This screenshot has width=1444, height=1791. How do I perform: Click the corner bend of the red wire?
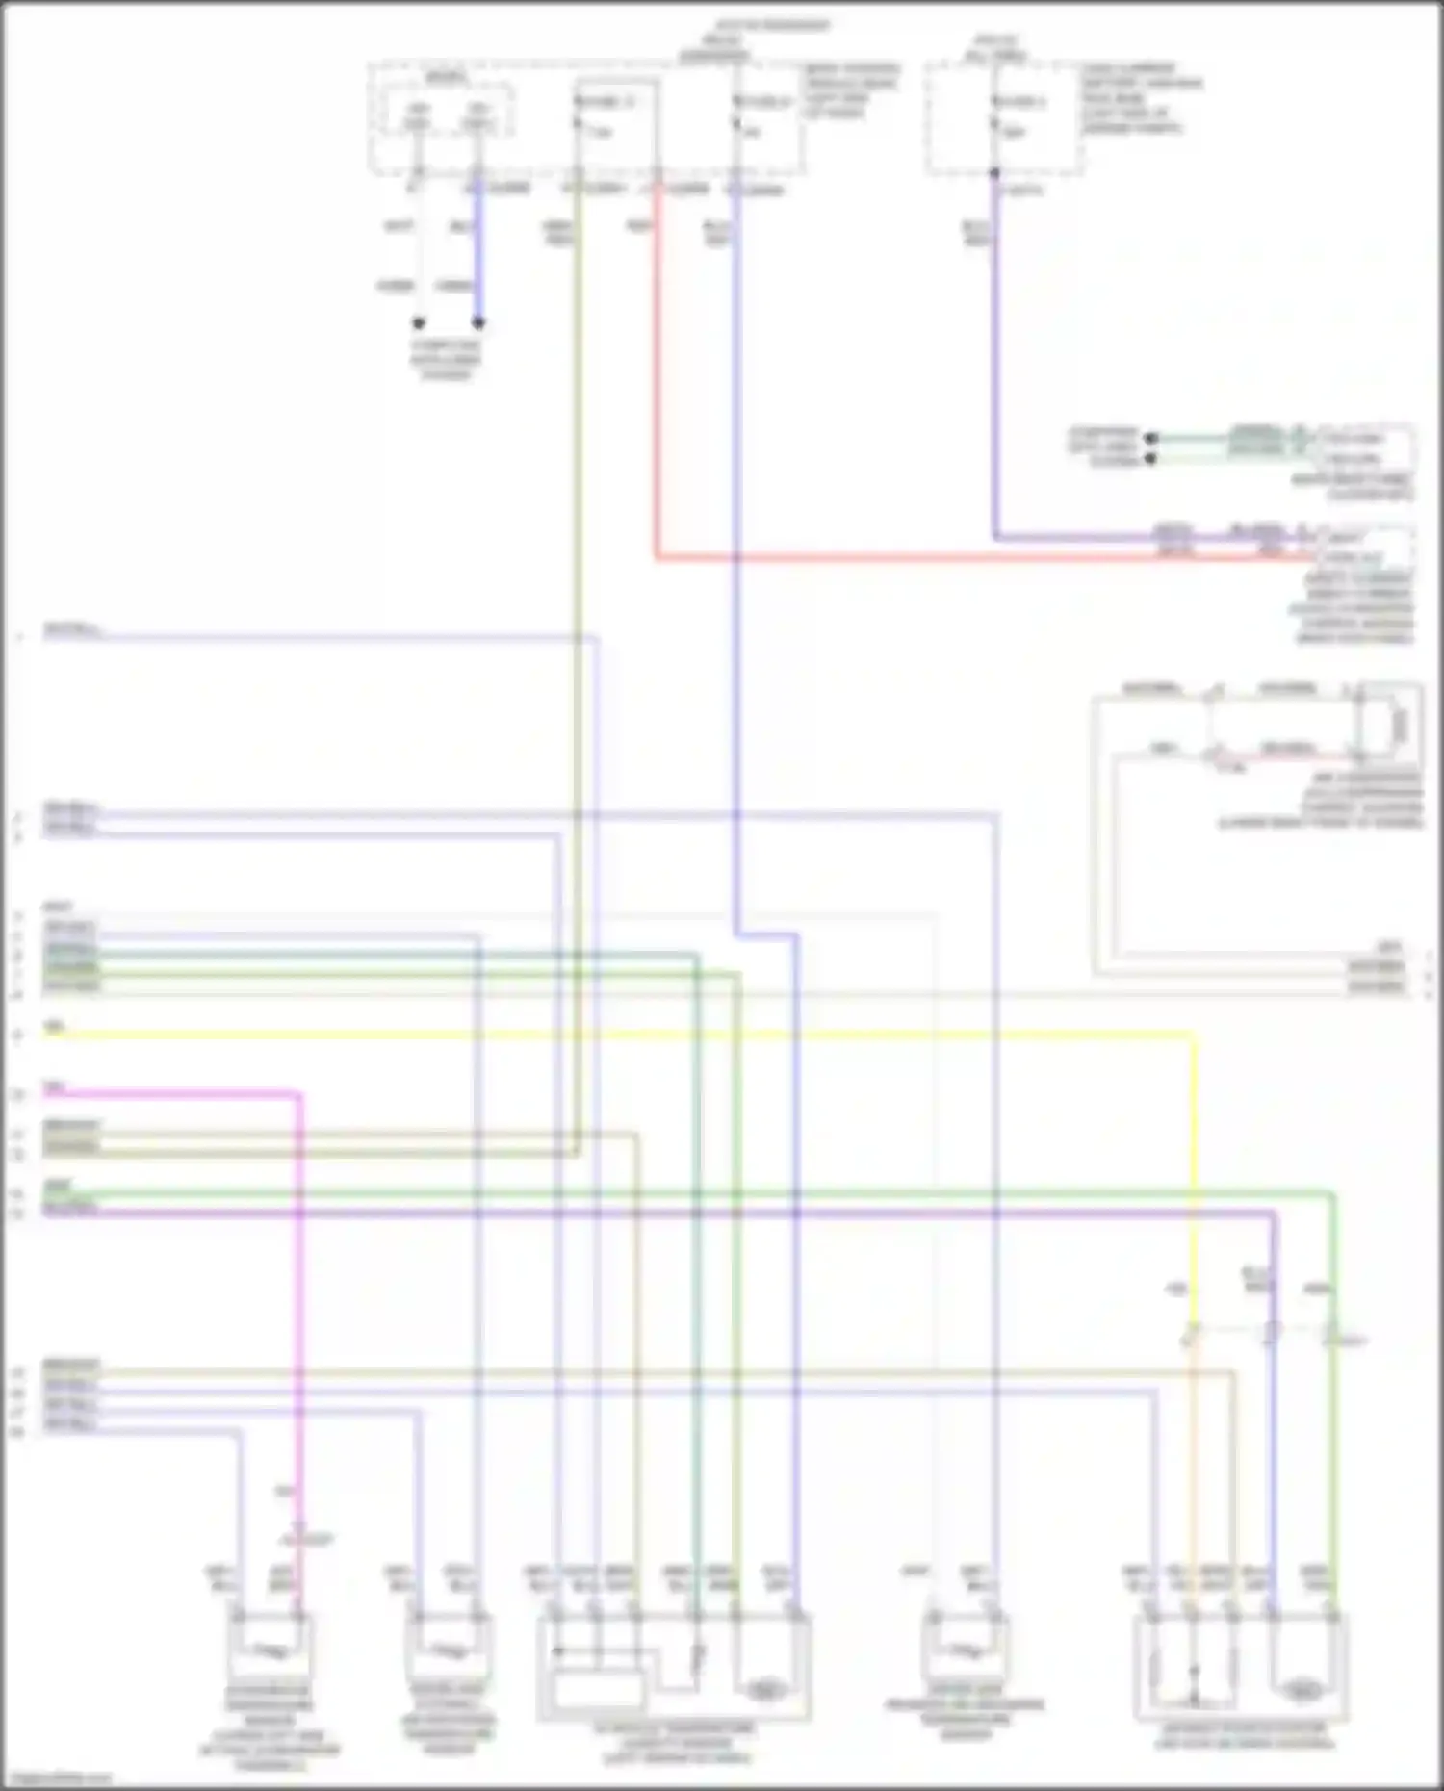coord(658,556)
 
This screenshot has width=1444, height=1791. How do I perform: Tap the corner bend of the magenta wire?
coord(298,1094)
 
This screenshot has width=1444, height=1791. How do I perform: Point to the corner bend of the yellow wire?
coord(1195,1036)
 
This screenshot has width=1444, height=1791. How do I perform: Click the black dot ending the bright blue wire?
coord(478,323)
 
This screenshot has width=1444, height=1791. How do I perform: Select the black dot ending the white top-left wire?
coord(419,323)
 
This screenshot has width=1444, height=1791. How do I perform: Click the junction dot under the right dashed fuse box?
coord(994,174)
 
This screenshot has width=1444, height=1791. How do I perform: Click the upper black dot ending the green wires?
coord(1150,438)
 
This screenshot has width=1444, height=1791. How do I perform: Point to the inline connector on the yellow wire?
coord(1192,1334)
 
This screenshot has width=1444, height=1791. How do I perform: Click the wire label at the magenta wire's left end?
coord(53,1087)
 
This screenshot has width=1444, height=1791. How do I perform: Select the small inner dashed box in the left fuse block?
coord(449,114)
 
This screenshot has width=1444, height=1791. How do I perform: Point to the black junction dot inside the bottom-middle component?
coord(556,1651)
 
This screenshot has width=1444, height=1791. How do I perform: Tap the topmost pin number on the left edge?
coord(18,637)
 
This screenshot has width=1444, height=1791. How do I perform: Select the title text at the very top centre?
coord(770,25)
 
